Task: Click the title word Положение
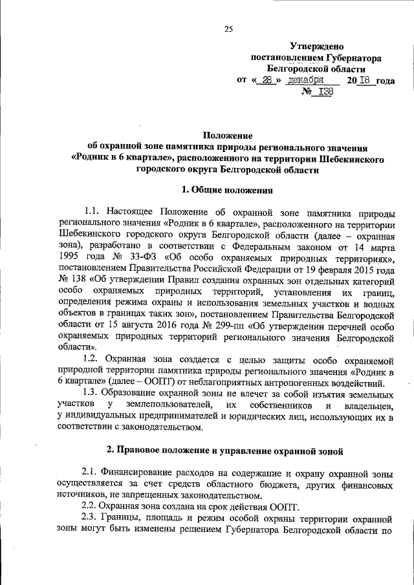tap(228, 135)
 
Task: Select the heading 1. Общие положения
tap(228, 189)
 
